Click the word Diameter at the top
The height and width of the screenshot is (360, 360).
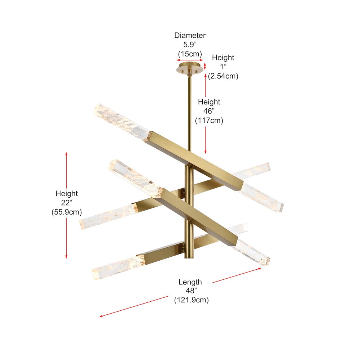(190, 36)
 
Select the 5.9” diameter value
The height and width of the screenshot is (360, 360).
(190, 45)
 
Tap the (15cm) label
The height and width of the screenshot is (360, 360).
(190, 54)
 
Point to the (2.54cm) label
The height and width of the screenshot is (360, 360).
(223, 76)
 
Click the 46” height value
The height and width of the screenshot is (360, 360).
(209, 111)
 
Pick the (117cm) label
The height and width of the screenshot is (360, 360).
(209, 121)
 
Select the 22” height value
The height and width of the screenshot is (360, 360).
(67, 203)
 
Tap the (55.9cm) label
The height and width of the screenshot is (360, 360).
(67, 212)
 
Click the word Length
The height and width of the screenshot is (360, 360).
(190, 282)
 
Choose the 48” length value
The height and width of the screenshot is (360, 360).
(190, 291)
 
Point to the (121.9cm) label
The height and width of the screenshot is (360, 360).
(191, 300)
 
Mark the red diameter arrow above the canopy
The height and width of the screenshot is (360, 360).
(190, 60)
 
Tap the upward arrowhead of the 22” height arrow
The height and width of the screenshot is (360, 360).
(67, 154)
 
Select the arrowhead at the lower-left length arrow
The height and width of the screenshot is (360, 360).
(102, 316)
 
